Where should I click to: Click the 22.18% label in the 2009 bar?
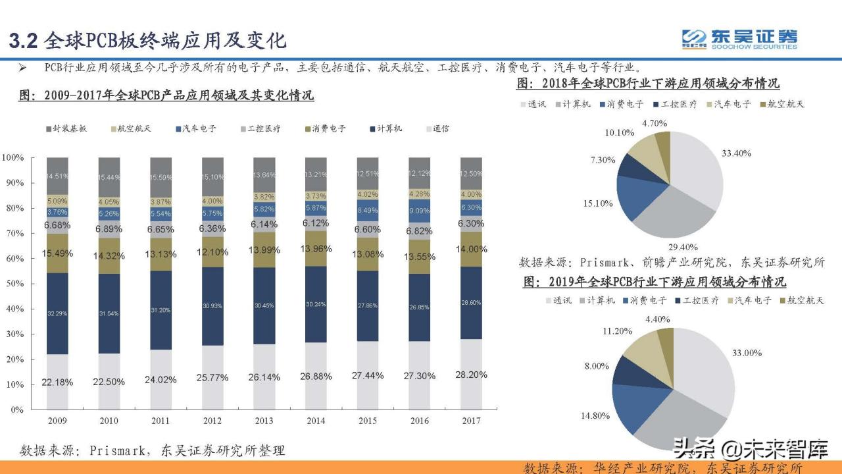tap(57, 382)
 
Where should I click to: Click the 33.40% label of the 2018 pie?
tap(736, 153)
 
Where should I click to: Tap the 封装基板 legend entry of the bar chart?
tap(66, 129)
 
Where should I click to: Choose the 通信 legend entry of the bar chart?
tap(435, 129)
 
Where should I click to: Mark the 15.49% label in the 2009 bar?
tap(57, 253)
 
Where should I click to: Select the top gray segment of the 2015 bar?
tap(367, 173)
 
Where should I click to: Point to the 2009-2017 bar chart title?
tap(166, 95)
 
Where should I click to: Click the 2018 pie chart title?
tap(648, 84)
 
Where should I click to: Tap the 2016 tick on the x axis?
tap(420, 420)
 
